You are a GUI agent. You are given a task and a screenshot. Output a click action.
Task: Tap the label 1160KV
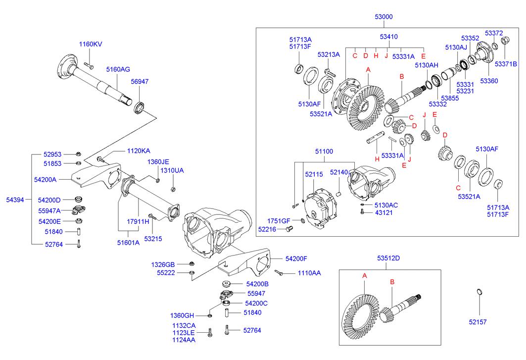(x=91, y=45)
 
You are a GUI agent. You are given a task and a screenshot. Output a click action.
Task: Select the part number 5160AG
(x=118, y=70)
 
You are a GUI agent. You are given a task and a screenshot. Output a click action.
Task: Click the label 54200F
(x=296, y=258)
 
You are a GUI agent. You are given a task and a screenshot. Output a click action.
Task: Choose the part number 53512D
(x=388, y=258)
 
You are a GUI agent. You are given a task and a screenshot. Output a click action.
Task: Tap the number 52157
(x=478, y=322)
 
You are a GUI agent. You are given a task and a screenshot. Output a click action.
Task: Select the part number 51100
(x=325, y=152)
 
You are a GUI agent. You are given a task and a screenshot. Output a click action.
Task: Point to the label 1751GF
(x=279, y=220)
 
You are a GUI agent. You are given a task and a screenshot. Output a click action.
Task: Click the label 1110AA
(x=309, y=273)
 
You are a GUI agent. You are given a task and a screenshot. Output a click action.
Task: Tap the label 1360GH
(x=182, y=315)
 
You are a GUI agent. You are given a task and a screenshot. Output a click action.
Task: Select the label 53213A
(x=329, y=54)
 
